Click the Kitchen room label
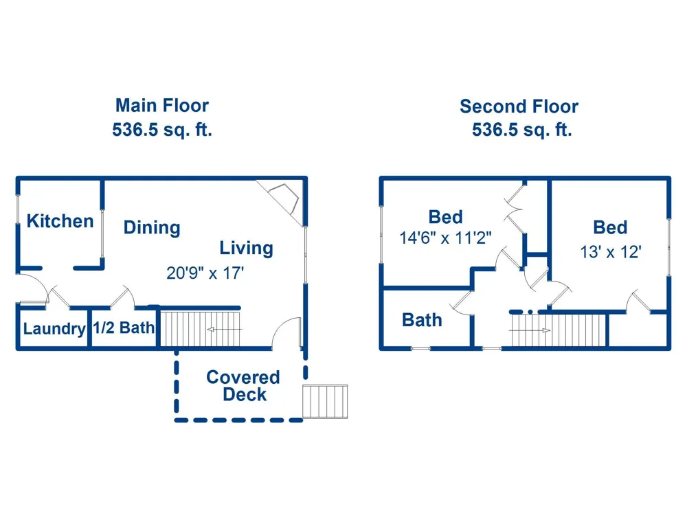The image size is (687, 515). (x=60, y=221)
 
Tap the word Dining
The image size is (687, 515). (x=152, y=228)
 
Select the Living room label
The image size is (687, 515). (x=246, y=249)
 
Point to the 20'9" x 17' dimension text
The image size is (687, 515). (x=205, y=273)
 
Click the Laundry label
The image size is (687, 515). (x=54, y=328)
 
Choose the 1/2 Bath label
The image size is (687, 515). (x=124, y=328)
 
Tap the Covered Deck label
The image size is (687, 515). (x=243, y=386)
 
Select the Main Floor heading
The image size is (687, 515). (x=162, y=106)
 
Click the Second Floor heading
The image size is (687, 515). (x=519, y=106)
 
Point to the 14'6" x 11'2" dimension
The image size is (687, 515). (x=445, y=238)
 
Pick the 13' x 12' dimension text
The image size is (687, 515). (x=611, y=252)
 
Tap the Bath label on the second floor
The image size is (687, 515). (x=422, y=320)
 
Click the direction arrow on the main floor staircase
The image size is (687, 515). (x=224, y=330)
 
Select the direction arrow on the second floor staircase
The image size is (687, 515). (x=530, y=330)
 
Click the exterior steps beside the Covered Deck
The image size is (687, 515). (x=325, y=402)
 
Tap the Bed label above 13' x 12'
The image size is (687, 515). (x=610, y=228)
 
